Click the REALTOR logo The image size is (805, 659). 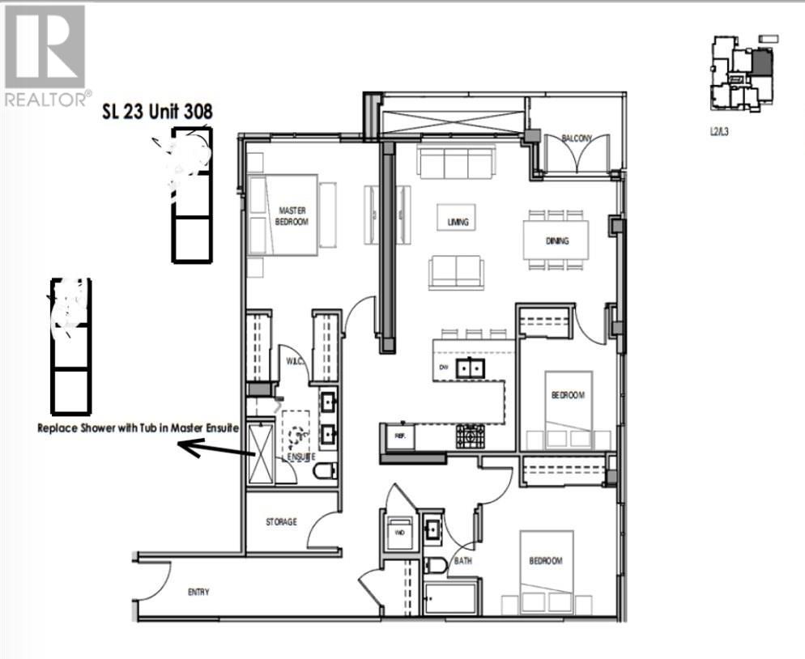[45, 55]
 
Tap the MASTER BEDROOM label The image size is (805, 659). [292, 215]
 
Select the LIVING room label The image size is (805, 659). [458, 221]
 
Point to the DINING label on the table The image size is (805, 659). [556, 240]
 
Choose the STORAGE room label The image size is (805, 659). [281, 522]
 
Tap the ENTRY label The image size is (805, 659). [198, 592]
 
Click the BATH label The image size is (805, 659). [463, 559]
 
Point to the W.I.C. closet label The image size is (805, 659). [293, 361]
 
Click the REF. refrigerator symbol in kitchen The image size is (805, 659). [399, 436]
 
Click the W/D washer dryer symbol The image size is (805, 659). [399, 532]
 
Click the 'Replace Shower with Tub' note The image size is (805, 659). [138, 428]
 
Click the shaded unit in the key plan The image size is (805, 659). [762, 62]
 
